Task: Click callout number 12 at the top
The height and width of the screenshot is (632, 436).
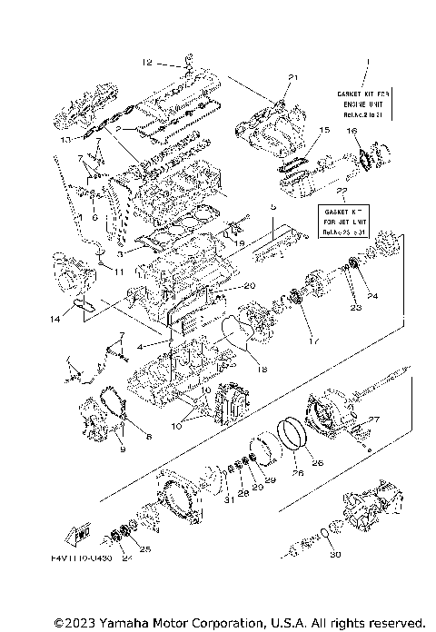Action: coord(147,63)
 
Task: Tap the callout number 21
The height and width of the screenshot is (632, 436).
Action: coord(292,76)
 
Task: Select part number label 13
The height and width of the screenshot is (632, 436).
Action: coord(64,141)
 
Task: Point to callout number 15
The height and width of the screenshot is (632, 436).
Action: coord(324,131)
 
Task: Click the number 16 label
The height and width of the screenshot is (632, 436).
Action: coord(351,131)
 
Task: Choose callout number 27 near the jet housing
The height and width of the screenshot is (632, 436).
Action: coord(374,419)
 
